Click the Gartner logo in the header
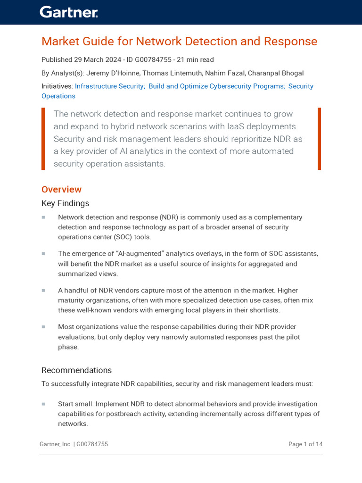click(68, 12)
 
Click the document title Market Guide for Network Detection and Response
click(179, 42)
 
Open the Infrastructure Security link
click(110, 86)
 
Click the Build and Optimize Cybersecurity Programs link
click(216, 86)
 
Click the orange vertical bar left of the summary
click(43, 139)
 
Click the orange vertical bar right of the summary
click(319, 139)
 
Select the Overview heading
click(61, 190)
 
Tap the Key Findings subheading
click(65, 203)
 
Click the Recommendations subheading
click(76, 370)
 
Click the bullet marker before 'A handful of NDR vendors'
click(43, 291)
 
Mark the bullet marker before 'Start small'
click(43, 404)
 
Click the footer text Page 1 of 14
click(305, 444)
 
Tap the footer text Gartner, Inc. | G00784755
click(74, 444)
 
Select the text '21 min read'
click(195, 60)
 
